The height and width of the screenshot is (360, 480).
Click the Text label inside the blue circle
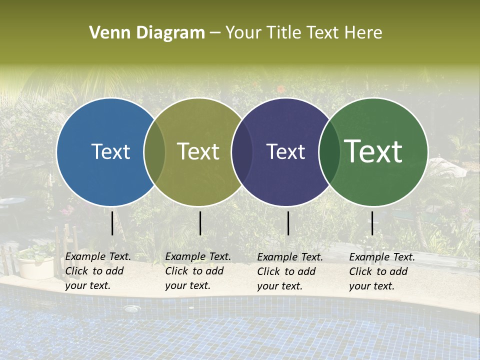(x=110, y=151)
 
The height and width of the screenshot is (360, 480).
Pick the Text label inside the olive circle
(x=198, y=151)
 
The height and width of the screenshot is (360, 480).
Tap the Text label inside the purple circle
(x=285, y=151)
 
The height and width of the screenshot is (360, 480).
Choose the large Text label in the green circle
(x=373, y=151)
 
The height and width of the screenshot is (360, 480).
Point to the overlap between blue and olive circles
(x=154, y=152)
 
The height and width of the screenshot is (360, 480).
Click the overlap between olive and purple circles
(x=242, y=152)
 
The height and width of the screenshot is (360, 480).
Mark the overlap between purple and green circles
(x=329, y=152)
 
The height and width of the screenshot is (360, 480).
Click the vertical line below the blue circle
(x=112, y=223)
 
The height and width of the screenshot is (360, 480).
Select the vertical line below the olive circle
(x=200, y=223)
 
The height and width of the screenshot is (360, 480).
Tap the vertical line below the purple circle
(x=288, y=223)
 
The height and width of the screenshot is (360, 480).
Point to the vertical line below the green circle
(x=372, y=223)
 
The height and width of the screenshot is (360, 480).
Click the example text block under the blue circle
(x=97, y=271)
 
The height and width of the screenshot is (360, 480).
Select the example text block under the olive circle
(x=197, y=271)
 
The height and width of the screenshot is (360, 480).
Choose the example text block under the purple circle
(x=289, y=271)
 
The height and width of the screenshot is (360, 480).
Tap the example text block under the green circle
(x=381, y=271)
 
